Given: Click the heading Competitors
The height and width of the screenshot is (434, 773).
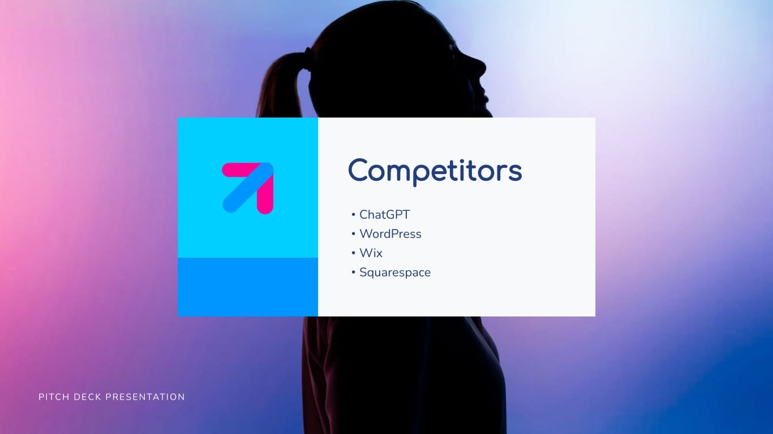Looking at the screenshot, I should tap(435, 170).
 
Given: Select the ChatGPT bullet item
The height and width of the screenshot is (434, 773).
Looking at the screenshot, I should tap(384, 215).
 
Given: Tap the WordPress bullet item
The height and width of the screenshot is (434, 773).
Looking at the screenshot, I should tap(390, 234).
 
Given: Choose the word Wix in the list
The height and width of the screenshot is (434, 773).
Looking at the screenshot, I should tap(371, 253).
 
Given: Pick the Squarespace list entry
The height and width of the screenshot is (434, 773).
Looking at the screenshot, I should tap(394, 272).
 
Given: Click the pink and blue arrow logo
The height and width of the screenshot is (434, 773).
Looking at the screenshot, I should tap(248, 188).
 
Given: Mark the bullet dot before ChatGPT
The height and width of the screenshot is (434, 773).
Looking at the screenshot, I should tap(353, 215).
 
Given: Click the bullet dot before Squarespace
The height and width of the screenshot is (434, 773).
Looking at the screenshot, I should tap(353, 273).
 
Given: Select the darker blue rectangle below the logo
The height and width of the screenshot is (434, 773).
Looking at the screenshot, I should tap(248, 287).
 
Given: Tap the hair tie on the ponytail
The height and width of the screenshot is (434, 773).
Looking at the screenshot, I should tap(307, 57).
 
